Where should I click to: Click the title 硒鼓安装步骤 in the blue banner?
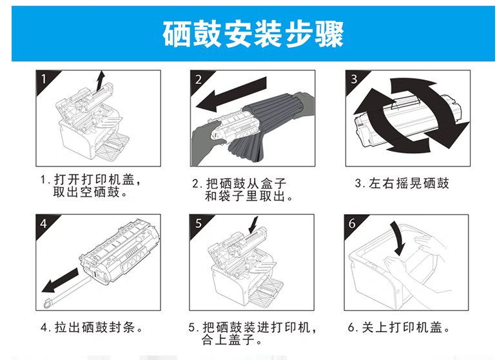[x=253, y=34]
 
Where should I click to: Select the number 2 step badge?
[x=199, y=79]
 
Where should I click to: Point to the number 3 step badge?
[x=353, y=79]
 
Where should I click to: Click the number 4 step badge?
[x=44, y=223]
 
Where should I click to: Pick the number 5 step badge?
[x=198, y=223]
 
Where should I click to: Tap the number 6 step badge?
[x=352, y=223]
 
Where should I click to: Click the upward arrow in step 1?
[x=100, y=81]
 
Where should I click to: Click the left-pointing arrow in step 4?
[x=61, y=280]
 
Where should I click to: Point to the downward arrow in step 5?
[x=253, y=225]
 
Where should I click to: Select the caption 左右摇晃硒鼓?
[x=402, y=183]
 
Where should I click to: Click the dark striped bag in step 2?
[x=266, y=125]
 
